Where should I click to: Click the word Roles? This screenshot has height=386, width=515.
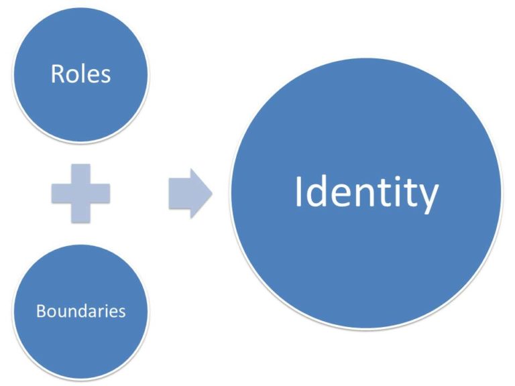(80, 73)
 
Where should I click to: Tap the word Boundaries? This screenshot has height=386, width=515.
(80, 311)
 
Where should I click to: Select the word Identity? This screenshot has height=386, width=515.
(366, 192)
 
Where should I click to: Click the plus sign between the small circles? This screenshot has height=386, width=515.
(80, 193)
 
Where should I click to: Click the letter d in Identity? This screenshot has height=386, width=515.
(319, 191)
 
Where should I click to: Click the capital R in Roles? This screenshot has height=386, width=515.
(57, 73)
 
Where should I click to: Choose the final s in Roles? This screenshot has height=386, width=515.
(105, 75)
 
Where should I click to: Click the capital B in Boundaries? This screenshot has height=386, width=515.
(40, 311)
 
